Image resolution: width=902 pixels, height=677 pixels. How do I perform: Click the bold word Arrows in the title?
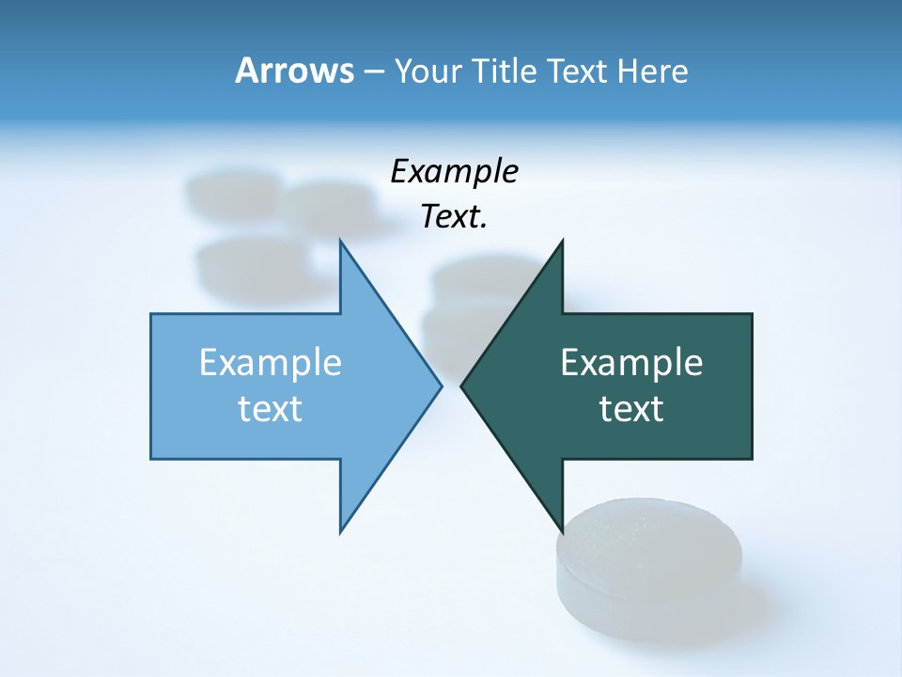click(294, 71)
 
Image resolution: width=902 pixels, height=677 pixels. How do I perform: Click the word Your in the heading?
click(428, 71)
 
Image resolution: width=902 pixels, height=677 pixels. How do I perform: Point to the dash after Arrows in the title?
click(372, 72)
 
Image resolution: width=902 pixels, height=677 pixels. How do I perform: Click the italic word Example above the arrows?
click(455, 171)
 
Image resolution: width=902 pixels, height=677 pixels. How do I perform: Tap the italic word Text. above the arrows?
click(455, 217)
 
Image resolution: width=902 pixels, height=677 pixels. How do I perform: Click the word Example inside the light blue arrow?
click(271, 362)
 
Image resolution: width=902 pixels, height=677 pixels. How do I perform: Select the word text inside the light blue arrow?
click(271, 409)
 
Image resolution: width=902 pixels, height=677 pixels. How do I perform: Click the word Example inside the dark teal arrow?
click(631, 362)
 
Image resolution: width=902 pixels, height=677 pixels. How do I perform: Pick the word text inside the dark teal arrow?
click(631, 409)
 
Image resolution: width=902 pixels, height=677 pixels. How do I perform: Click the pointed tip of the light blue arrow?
click(441, 386)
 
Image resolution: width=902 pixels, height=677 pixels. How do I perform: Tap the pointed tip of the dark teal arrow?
click(462, 386)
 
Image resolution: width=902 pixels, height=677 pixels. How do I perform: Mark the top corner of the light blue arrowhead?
click(340, 242)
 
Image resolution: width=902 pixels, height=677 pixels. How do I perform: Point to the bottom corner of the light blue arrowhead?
click(340, 531)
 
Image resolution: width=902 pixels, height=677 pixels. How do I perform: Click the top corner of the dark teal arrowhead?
click(562, 242)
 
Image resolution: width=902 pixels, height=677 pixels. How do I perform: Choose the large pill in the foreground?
click(648, 564)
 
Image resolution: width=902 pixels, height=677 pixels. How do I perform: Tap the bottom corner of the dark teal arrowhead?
click(562, 531)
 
